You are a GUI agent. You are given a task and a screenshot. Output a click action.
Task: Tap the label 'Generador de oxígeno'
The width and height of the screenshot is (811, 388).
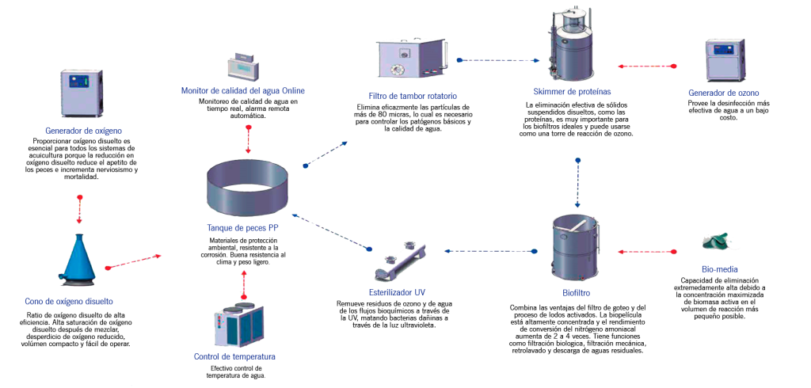pos(83,129)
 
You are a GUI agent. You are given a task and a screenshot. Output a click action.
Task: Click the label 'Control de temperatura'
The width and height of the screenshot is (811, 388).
pos(234,356)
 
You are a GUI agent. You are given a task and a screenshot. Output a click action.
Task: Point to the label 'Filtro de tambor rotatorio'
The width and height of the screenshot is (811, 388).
pos(413,96)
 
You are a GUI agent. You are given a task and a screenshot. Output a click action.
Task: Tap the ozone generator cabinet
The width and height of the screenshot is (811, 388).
pos(724,61)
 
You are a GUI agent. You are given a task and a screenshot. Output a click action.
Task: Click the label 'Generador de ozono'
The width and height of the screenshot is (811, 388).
pos(724,93)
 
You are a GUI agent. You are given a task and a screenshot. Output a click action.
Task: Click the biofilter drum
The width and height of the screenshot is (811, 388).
pos(575,247)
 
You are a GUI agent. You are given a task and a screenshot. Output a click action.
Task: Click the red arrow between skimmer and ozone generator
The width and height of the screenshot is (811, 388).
pos(647,67)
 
